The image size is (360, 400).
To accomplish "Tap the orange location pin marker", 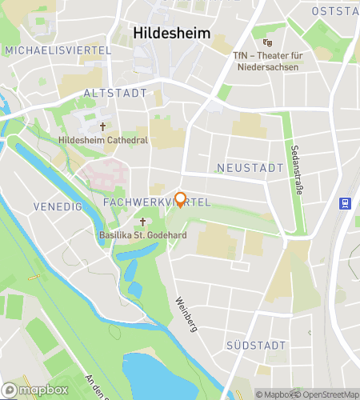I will (181, 200).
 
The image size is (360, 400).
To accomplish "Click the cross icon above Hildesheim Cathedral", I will (102, 126).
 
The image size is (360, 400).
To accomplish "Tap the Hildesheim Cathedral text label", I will (103, 140).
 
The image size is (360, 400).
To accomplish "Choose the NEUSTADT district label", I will (250, 168).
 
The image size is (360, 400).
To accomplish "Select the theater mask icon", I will (266, 42).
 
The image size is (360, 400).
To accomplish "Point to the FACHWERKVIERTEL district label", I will (156, 202).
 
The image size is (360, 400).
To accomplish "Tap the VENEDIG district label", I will (58, 206).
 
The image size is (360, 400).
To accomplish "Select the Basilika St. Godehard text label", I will (138, 235).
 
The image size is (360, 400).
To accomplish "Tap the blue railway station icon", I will (346, 203).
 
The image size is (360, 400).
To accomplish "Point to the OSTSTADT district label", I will (337, 10).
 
